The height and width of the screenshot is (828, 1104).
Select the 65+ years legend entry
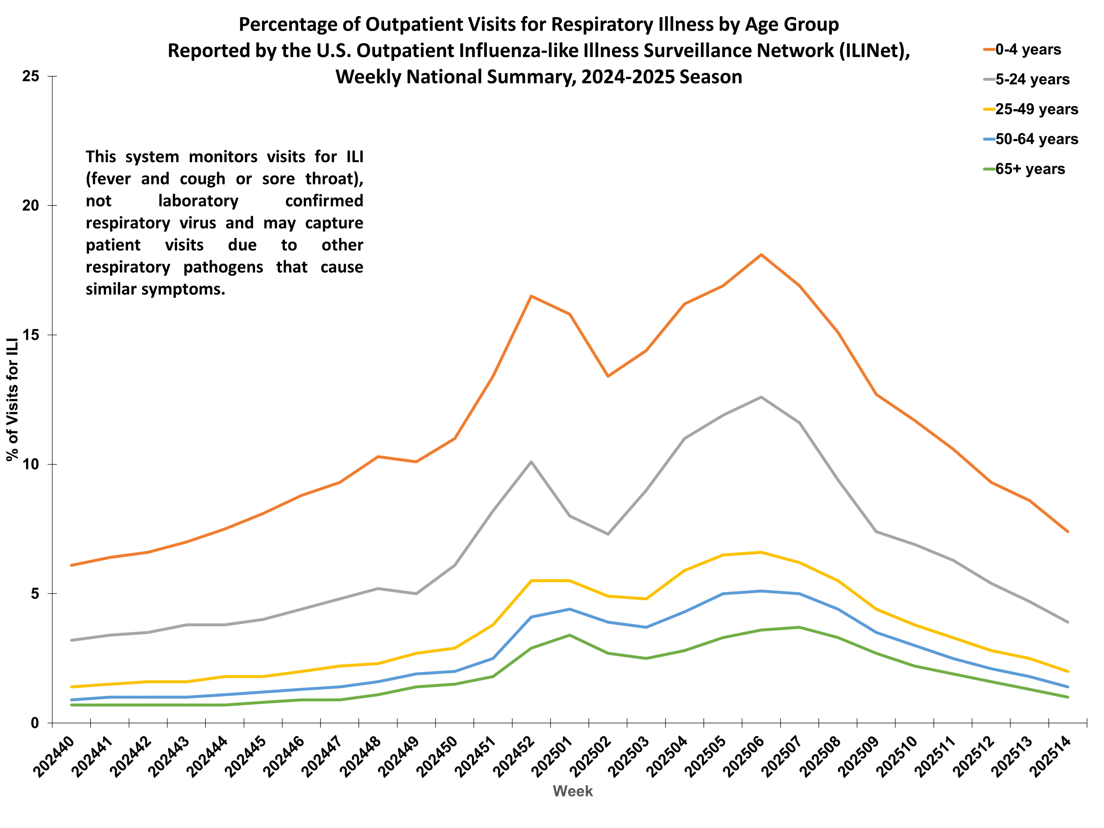1029,169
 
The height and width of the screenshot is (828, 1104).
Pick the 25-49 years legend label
1036,109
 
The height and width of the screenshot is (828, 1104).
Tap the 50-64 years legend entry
1036,139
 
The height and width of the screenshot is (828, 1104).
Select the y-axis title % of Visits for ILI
13,399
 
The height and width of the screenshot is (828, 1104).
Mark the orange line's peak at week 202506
761,255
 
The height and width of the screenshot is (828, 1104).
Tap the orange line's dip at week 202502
608,376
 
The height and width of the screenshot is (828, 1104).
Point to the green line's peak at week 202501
570,635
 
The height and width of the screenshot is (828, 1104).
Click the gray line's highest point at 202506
761,397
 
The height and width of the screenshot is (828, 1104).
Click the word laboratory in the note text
198,200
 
